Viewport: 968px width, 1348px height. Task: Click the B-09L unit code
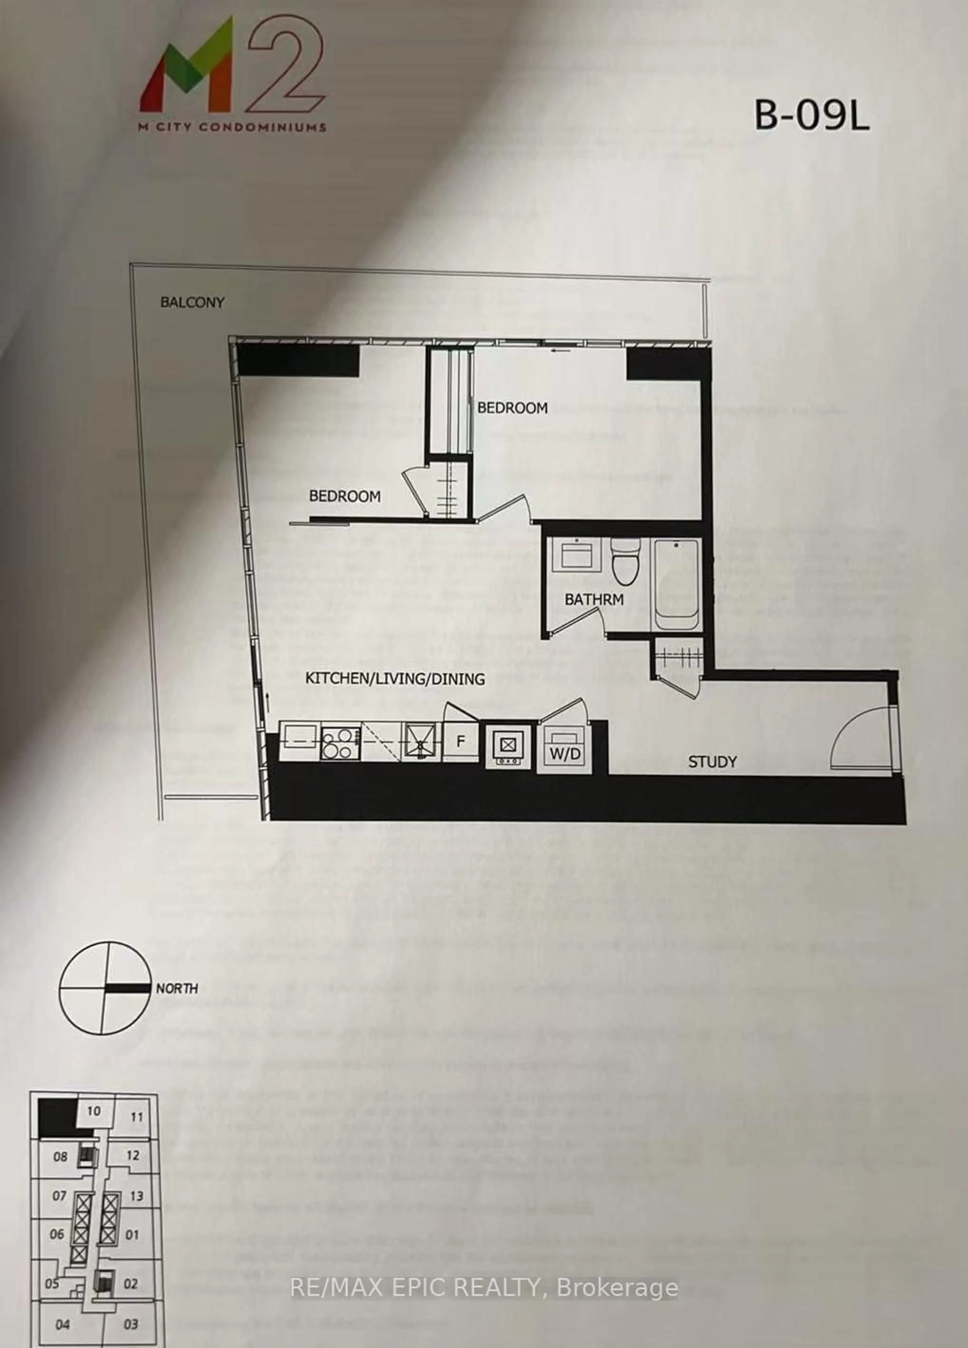pyautogui.click(x=812, y=116)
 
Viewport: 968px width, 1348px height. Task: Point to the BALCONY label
pyautogui.click(x=192, y=302)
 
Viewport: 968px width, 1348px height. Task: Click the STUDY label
pyautogui.click(x=712, y=761)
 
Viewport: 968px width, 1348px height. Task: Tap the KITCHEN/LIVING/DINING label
pyautogui.click(x=395, y=678)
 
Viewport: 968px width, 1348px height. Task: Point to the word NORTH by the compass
pyautogui.click(x=177, y=989)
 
